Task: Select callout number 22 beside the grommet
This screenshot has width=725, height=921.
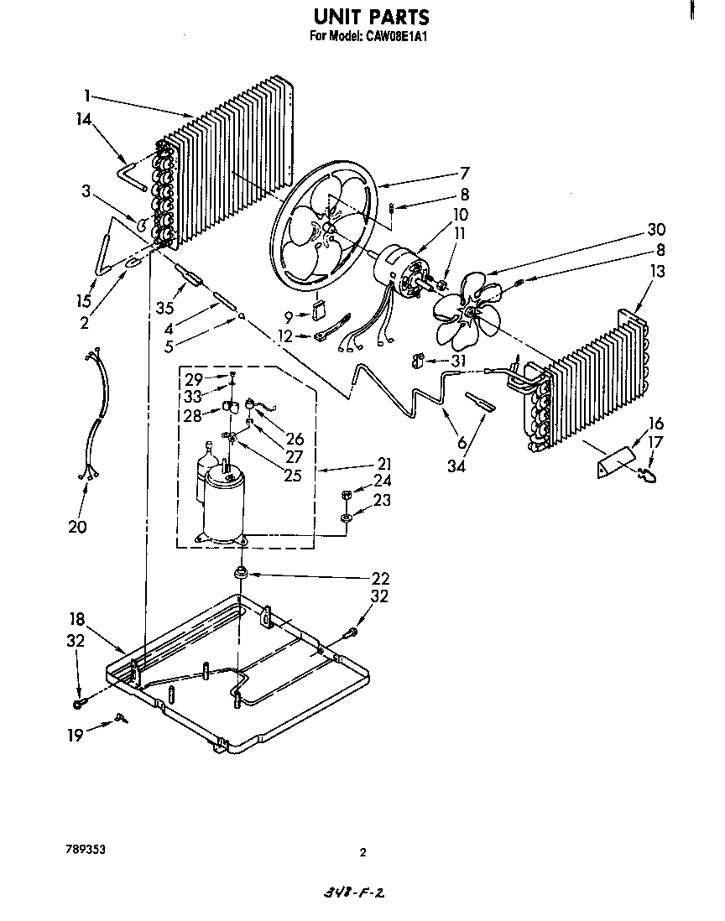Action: [x=380, y=579]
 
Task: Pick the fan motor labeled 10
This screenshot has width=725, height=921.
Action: [x=401, y=271]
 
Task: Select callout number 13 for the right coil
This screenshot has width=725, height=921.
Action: [x=656, y=271]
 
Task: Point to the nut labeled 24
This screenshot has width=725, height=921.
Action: [x=346, y=496]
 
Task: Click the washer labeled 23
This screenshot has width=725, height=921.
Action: [x=346, y=520]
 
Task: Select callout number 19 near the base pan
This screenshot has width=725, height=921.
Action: [x=76, y=735]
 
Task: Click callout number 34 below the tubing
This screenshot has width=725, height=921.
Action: [x=456, y=465]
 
